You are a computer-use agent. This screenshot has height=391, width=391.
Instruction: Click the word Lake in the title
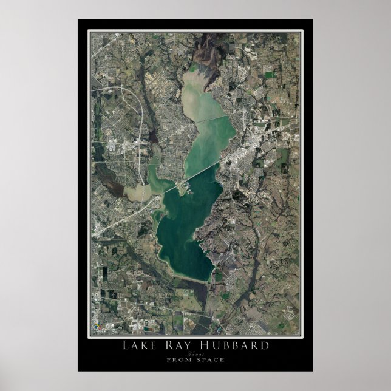[140, 346]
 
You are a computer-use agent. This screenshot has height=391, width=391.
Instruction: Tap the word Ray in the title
[184, 346]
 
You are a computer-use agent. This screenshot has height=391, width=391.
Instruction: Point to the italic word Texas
[195, 353]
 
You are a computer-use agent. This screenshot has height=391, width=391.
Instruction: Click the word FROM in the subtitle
[175, 359]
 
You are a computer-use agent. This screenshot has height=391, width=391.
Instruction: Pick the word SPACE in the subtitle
[210, 359]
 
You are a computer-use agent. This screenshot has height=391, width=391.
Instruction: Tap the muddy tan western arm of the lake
[136, 192]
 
